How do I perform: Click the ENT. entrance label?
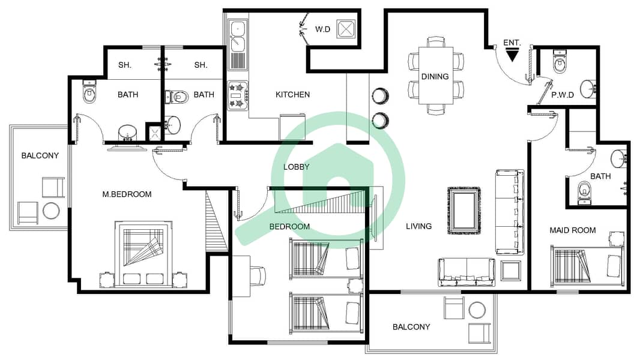coord(512,43)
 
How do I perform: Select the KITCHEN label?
coord(292,95)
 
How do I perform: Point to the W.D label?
coord(322,29)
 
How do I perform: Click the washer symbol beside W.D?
coord(346,29)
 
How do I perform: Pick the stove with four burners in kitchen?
coord(238,95)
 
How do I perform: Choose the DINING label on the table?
coord(435,77)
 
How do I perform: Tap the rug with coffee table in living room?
coord(464,211)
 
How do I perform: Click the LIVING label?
coord(419,226)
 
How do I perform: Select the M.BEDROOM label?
coord(127,194)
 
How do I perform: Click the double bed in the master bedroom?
coord(143,254)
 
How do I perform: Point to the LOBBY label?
coord(297,167)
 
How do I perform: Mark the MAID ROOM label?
coord(573,230)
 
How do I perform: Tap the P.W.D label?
coord(563,95)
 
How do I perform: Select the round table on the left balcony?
coord(51,211)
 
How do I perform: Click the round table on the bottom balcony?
coord(477,310)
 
